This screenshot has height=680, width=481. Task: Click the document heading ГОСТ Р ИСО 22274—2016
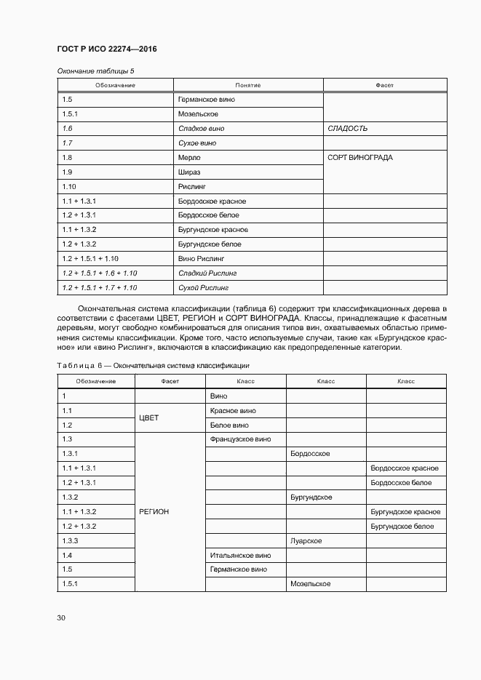(107, 49)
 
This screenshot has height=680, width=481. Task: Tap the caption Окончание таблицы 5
(95, 71)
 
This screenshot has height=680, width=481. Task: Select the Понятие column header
(248, 85)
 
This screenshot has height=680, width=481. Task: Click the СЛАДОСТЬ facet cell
(348, 129)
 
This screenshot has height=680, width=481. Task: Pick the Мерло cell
(188, 158)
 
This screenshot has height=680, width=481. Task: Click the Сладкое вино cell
(201, 129)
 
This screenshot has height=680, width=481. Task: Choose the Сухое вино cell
(197, 143)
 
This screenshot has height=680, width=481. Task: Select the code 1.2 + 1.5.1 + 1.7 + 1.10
(100, 288)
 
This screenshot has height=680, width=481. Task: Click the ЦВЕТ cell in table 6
(148, 418)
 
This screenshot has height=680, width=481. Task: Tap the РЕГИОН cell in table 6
(154, 512)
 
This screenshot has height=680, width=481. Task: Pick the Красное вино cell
(233, 411)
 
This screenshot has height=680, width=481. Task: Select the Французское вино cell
(240, 439)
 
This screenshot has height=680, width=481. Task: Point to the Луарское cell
(306, 541)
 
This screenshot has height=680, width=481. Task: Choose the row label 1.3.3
(71, 541)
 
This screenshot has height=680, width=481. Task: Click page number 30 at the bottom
(61, 618)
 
